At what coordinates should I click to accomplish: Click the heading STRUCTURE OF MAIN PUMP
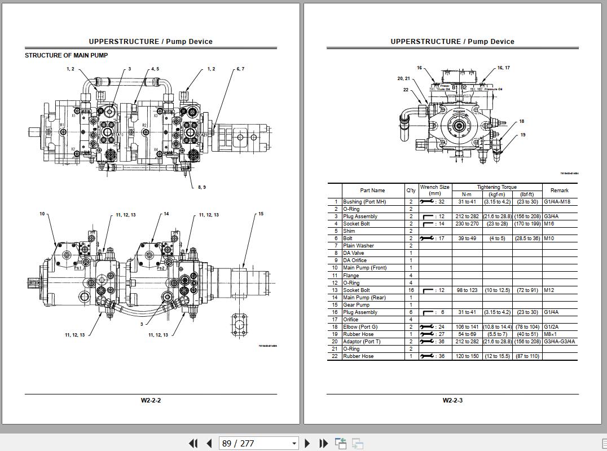point(66,55)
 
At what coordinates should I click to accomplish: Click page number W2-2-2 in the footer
point(151,400)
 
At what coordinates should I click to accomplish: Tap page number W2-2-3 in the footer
point(452,400)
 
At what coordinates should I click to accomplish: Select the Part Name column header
point(372,191)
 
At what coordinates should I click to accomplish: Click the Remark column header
point(559,191)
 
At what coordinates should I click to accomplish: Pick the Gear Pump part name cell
point(357,305)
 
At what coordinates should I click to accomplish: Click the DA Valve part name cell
point(354,253)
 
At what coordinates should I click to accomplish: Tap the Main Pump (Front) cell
point(364,268)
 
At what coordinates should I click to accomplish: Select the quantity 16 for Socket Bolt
point(411,290)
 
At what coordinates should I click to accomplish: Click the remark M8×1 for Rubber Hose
point(550,334)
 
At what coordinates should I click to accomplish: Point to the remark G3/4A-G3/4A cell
point(559,342)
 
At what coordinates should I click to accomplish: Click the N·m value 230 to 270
point(467,224)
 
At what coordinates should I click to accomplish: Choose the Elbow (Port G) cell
point(360,327)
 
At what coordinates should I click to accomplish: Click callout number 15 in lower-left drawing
point(261,214)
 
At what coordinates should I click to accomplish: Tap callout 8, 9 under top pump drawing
point(201,187)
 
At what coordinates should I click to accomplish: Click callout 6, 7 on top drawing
point(240,69)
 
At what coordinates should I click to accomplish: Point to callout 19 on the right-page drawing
point(523,135)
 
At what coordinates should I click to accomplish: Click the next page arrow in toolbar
point(307,443)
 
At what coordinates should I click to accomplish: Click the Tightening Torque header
point(496,187)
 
